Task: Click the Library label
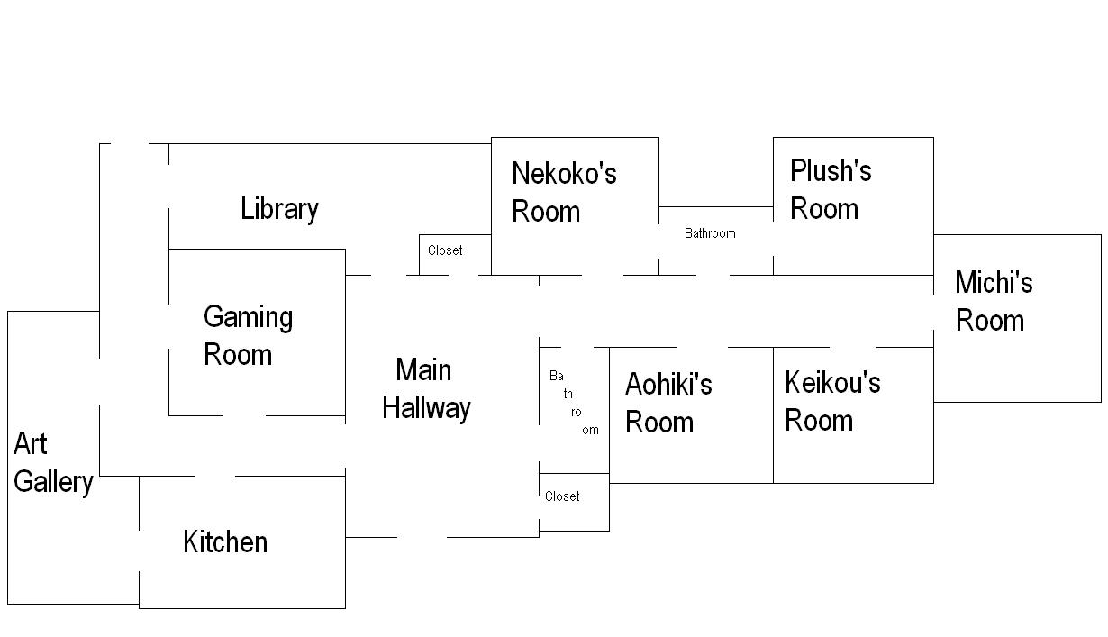(279, 209)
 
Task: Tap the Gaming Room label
(248, 335)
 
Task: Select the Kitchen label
(225, 541)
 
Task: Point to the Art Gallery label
(53, 463)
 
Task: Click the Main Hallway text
(425, 388)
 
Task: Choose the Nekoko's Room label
(564, 192)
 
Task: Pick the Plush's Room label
(831, 189)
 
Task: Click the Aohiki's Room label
(668, 403)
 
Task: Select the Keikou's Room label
(831, 401)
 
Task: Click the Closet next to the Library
(445, 250)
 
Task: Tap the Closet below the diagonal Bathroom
(562, 496)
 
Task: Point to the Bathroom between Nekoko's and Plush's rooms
(710, 233)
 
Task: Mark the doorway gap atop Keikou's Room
(852, 347)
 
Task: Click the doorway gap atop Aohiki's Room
(702, 347)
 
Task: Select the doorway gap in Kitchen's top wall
(214, 476)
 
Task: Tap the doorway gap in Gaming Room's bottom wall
(244, 415)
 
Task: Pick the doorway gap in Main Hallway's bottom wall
(422, 537)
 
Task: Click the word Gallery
(53, 482)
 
